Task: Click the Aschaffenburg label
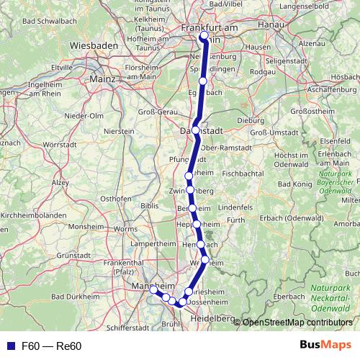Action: point(327,89)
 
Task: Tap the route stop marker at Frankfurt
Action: point(204,35)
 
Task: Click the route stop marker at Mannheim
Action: point(153,289)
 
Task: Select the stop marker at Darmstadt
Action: point(195,130)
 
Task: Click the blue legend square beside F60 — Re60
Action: point(9,346)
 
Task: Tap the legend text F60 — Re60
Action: point(52,346)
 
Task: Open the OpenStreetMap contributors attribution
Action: point(297,323)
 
